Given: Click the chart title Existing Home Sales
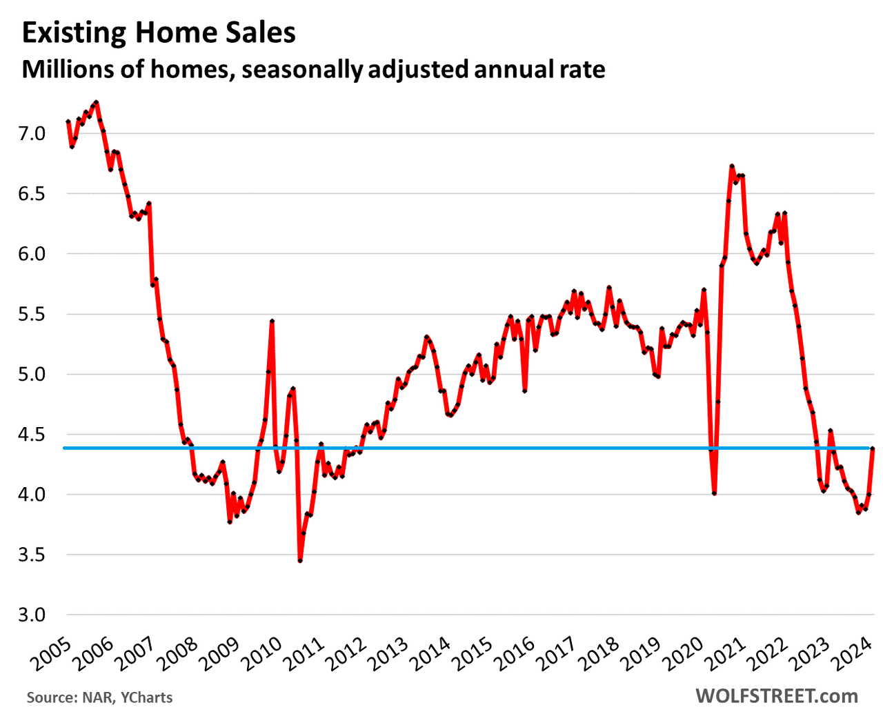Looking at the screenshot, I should click(159, 33).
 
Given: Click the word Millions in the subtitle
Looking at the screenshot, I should click(62, 70).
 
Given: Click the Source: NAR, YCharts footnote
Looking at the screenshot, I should click(100, 698).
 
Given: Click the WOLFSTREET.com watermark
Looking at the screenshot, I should click(777, 695).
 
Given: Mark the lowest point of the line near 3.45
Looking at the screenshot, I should click(300, 560).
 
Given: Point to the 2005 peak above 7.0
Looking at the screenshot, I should click(96, 102).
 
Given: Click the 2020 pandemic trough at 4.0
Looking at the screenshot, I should click(714, 493).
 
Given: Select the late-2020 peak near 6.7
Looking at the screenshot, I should click(732, 166).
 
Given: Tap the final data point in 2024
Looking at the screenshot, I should click(873, 448).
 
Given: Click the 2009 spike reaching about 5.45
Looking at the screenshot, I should click(272, 322).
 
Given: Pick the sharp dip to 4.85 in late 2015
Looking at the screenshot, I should click(525, 390).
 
